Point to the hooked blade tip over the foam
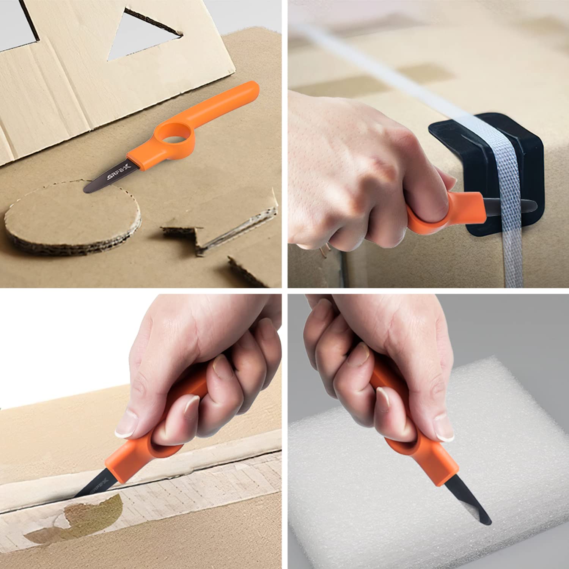point(482,516)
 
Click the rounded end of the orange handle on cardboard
point(250,89)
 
